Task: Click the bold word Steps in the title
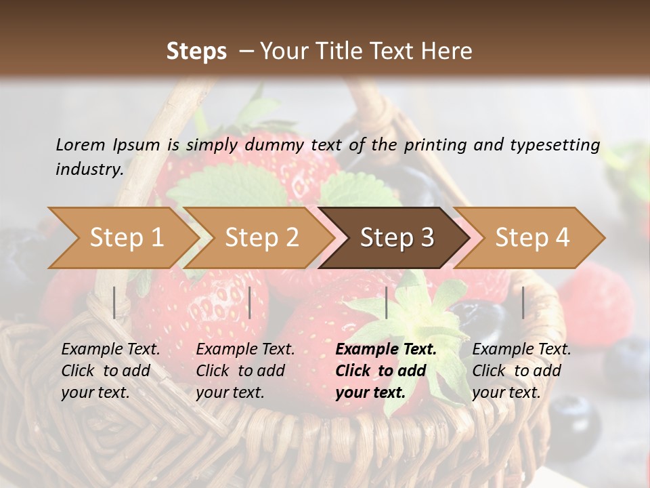196,52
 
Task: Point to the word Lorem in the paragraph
81,144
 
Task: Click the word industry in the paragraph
89,169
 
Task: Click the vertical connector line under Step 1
114,302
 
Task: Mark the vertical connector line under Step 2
250,302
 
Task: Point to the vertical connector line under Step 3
386,302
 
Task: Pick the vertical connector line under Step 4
523,302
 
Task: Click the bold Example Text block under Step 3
386,371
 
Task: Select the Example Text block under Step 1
110,371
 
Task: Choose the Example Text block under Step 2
245,371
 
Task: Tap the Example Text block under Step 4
521,371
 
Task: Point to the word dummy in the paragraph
273,144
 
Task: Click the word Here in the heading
448,52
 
